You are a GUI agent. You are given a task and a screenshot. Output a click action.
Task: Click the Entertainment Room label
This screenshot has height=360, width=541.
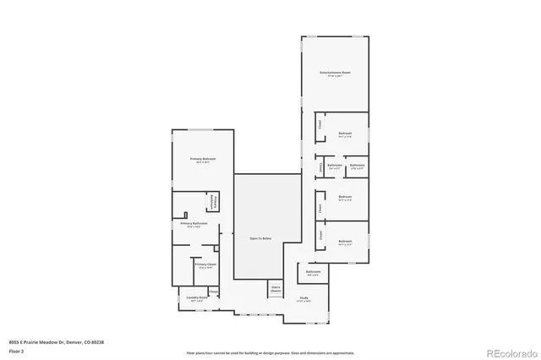(x=335, y=74)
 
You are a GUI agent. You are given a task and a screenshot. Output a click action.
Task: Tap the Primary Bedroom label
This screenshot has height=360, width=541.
(x=203, y=161)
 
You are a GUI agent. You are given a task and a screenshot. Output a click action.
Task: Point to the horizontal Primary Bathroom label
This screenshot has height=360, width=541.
(x=196, y=225)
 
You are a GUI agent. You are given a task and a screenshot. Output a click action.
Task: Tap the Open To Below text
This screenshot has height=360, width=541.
(x=260, y=239)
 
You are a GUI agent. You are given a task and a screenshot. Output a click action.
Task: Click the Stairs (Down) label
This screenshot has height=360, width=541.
(x=276, y=288)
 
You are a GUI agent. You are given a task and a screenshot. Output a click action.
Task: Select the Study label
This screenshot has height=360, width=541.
(x=303, y=299)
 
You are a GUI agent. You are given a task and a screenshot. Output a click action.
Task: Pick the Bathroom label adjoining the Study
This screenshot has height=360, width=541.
(x=313, y=273)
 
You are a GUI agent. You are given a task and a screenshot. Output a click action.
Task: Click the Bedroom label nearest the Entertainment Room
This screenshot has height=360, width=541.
(x=345, y=134)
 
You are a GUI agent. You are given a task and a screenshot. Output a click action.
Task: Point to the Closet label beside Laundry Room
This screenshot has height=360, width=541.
(x=212, y=292)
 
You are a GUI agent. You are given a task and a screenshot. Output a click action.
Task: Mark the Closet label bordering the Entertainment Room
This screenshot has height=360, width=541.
(x=320, y=125)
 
